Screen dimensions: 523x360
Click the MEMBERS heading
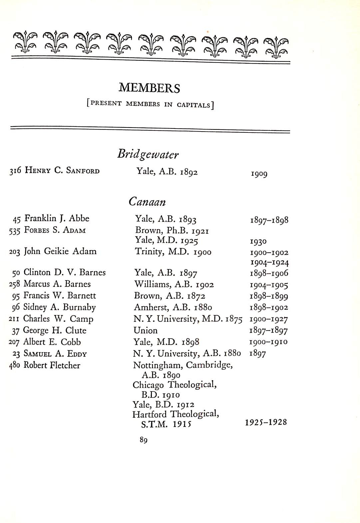(149, 88)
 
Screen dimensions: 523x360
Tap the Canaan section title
(147, 202)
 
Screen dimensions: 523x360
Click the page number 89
(144, 440)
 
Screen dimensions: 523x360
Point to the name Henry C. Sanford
(62, 171)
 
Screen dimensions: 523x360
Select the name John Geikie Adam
(60, 251)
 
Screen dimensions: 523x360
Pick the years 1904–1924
(269, 263)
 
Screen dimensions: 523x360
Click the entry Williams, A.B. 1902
(174, 284)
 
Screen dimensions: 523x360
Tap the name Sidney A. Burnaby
(59, 307)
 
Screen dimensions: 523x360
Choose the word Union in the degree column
(146, 331)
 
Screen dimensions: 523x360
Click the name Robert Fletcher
(52, 365)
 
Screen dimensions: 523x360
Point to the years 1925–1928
(266, 422)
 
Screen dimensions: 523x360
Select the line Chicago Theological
(175, 385)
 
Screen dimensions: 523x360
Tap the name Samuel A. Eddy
(55, 354)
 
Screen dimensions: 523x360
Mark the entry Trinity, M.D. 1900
(173, 252)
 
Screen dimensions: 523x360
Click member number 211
(14, 319)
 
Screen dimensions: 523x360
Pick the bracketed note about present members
(150, 105)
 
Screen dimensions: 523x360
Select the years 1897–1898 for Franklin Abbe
(269, 220)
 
